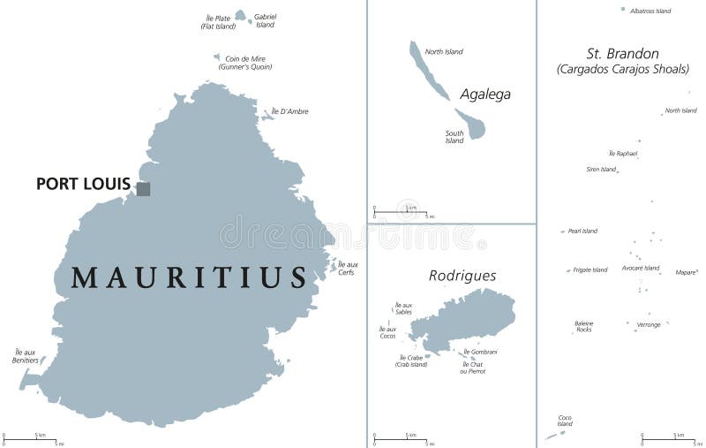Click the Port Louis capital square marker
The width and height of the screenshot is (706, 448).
(143, 188)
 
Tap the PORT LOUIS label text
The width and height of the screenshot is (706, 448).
(83, 185)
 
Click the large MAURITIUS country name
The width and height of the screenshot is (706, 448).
(189, 277)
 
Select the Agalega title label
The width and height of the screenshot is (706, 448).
(484, 94)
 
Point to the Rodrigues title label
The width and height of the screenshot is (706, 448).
(462, 276)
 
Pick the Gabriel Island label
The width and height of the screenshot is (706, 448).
(265, 21)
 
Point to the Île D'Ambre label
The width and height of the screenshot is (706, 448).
(289, 111)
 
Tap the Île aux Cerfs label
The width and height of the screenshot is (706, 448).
(348, 268)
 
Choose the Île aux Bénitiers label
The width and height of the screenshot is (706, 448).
(26, 356)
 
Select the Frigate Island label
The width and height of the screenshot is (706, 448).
(590, 270)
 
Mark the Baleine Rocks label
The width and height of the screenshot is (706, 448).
(583, 326)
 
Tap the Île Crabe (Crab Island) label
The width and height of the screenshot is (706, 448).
(412, 361)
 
